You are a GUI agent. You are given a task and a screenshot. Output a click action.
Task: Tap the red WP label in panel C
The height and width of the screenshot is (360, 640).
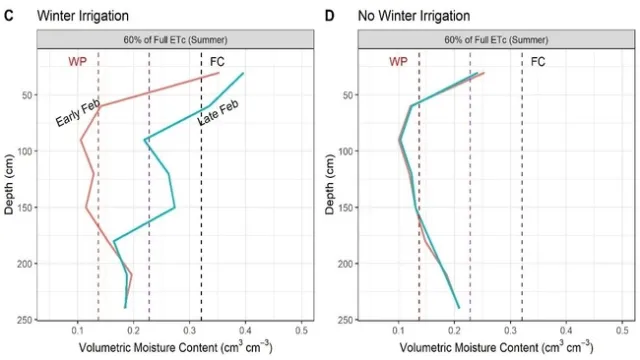click(78, 62)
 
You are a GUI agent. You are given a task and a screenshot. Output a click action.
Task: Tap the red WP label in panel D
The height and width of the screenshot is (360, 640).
click(398, 62)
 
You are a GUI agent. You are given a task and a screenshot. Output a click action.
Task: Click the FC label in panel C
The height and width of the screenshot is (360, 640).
click(217, 62)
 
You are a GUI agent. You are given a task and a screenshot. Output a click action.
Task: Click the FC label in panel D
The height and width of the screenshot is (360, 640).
click(538, 62)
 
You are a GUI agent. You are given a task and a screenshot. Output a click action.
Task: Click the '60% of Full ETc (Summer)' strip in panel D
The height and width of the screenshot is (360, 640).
click(495, 38)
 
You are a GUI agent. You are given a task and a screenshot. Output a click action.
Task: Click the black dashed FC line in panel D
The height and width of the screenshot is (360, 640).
click(522, 200)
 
